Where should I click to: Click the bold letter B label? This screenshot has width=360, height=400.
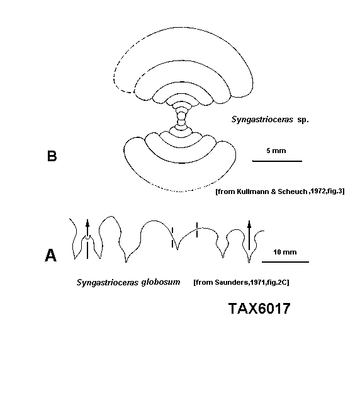pyautogui.click(x=52, y=156)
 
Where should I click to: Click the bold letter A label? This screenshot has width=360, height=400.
pyautogui.click(x=50, y=255)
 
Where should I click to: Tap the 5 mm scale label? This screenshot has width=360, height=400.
pyautogui.click(x=276, y=151)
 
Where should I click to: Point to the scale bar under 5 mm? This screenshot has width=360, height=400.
pyautogui.click(x=277, y=161)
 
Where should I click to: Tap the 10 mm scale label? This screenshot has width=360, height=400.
pyautogui.click(x=284, y=252)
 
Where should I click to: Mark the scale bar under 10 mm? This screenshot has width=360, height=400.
pyautogui.click(x=285, y=262)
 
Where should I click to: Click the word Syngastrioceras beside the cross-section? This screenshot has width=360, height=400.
pyautogui.click(x=262, y=120)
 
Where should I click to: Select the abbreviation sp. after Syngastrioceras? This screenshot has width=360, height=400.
pyautogui.click(x=303, y=120)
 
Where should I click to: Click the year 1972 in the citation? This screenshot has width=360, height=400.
pyautogui.click(x=317, y=191)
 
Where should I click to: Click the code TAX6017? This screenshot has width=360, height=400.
pyautogui.click(x=259, y=309)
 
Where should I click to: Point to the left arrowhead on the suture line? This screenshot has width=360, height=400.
pyautogui.click(x=87, y=223)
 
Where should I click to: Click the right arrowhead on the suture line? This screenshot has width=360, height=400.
pyautogui.click(x=249, y=224)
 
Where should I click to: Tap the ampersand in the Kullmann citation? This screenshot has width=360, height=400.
pyautogui.click(x=273, y=191)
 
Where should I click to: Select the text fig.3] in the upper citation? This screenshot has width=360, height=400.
pyautogui.click(x=335, y=191)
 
